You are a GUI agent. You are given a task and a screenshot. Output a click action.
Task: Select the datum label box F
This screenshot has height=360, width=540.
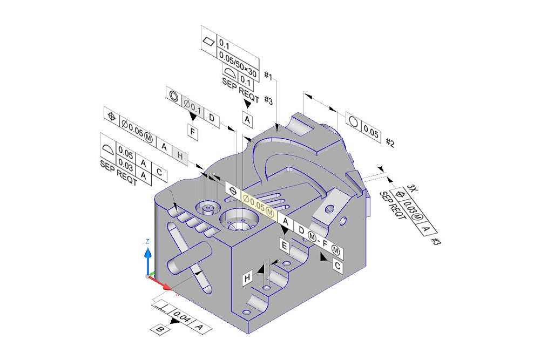[193, 132]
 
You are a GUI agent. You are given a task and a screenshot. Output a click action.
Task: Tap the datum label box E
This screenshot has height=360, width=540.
[284, 246]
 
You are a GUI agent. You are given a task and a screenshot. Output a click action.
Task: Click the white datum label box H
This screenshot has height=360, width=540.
[247, 278]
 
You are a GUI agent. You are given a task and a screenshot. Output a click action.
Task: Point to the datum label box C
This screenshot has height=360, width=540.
[337, 266]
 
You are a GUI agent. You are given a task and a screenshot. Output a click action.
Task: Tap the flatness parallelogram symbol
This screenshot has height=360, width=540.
[208, 42]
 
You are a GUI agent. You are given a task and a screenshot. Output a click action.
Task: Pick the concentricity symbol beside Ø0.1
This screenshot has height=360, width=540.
[174, 96]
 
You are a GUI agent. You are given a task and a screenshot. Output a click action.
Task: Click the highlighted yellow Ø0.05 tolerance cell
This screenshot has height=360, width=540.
[259, 205]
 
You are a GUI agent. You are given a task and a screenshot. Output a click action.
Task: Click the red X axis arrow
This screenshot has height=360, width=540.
[160, 283]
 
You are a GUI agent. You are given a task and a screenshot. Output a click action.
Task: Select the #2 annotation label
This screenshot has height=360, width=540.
[390, 142]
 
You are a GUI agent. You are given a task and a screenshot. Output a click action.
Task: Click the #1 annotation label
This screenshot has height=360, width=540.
[268, 76]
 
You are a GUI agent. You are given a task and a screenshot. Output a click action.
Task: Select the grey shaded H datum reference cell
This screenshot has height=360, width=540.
[180, 156]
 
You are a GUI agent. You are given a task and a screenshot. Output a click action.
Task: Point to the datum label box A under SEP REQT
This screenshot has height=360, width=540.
[247, 119]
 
